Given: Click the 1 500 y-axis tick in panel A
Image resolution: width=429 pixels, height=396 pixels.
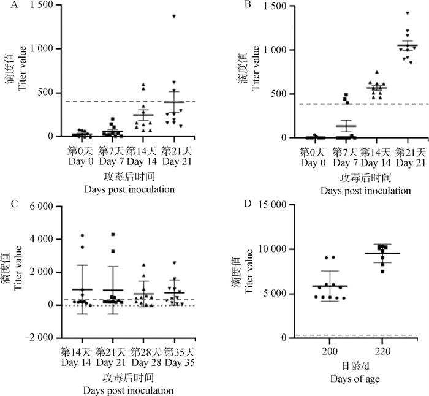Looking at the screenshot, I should (39, 5).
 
